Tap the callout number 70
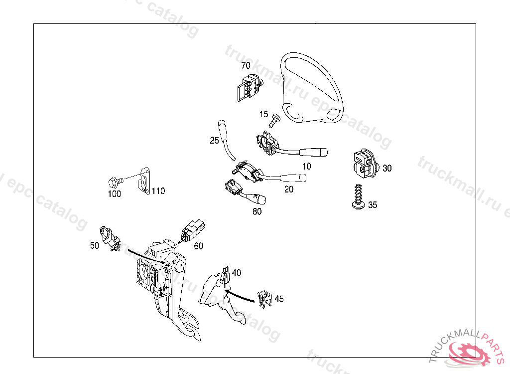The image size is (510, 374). click(x=246, y=66)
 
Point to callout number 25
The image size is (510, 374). click(x=214, y=141)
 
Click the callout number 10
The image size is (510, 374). click(x=306, y=166)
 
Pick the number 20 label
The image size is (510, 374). click(x=289, y=189)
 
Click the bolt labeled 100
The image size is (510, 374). click(x=114, y=181)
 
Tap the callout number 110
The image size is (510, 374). click(x=158, y=191)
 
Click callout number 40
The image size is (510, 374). click(x=237, y=273)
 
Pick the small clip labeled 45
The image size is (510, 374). click(x=264, y=298)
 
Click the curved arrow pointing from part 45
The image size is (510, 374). click(x=239, y=294)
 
